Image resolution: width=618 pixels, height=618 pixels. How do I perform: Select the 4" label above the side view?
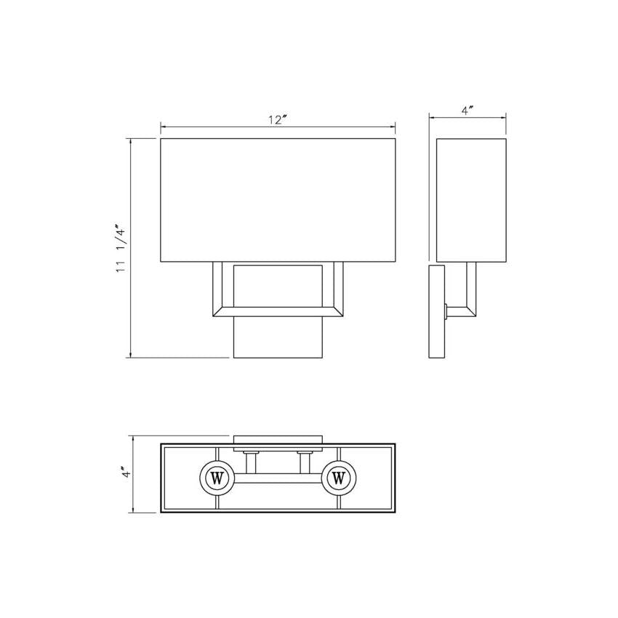coord(467,111)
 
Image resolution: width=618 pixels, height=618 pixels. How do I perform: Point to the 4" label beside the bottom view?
coord(125,473)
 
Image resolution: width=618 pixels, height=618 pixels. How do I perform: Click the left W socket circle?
coord(216,478)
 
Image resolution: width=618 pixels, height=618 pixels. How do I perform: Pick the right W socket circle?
coord(339,478)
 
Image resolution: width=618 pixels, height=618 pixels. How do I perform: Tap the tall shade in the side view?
coord(471,200)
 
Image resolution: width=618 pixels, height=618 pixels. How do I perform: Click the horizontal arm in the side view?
coord(460,312)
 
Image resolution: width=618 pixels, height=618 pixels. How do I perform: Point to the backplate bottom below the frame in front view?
coord(278,338)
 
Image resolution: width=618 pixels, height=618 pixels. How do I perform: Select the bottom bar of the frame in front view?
coord(278,313)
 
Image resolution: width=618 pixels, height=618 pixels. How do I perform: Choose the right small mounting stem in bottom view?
coord(304,462)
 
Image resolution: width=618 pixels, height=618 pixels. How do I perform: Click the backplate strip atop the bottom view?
coord(278,439)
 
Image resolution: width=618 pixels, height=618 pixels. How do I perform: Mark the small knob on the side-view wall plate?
coord(444,312)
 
